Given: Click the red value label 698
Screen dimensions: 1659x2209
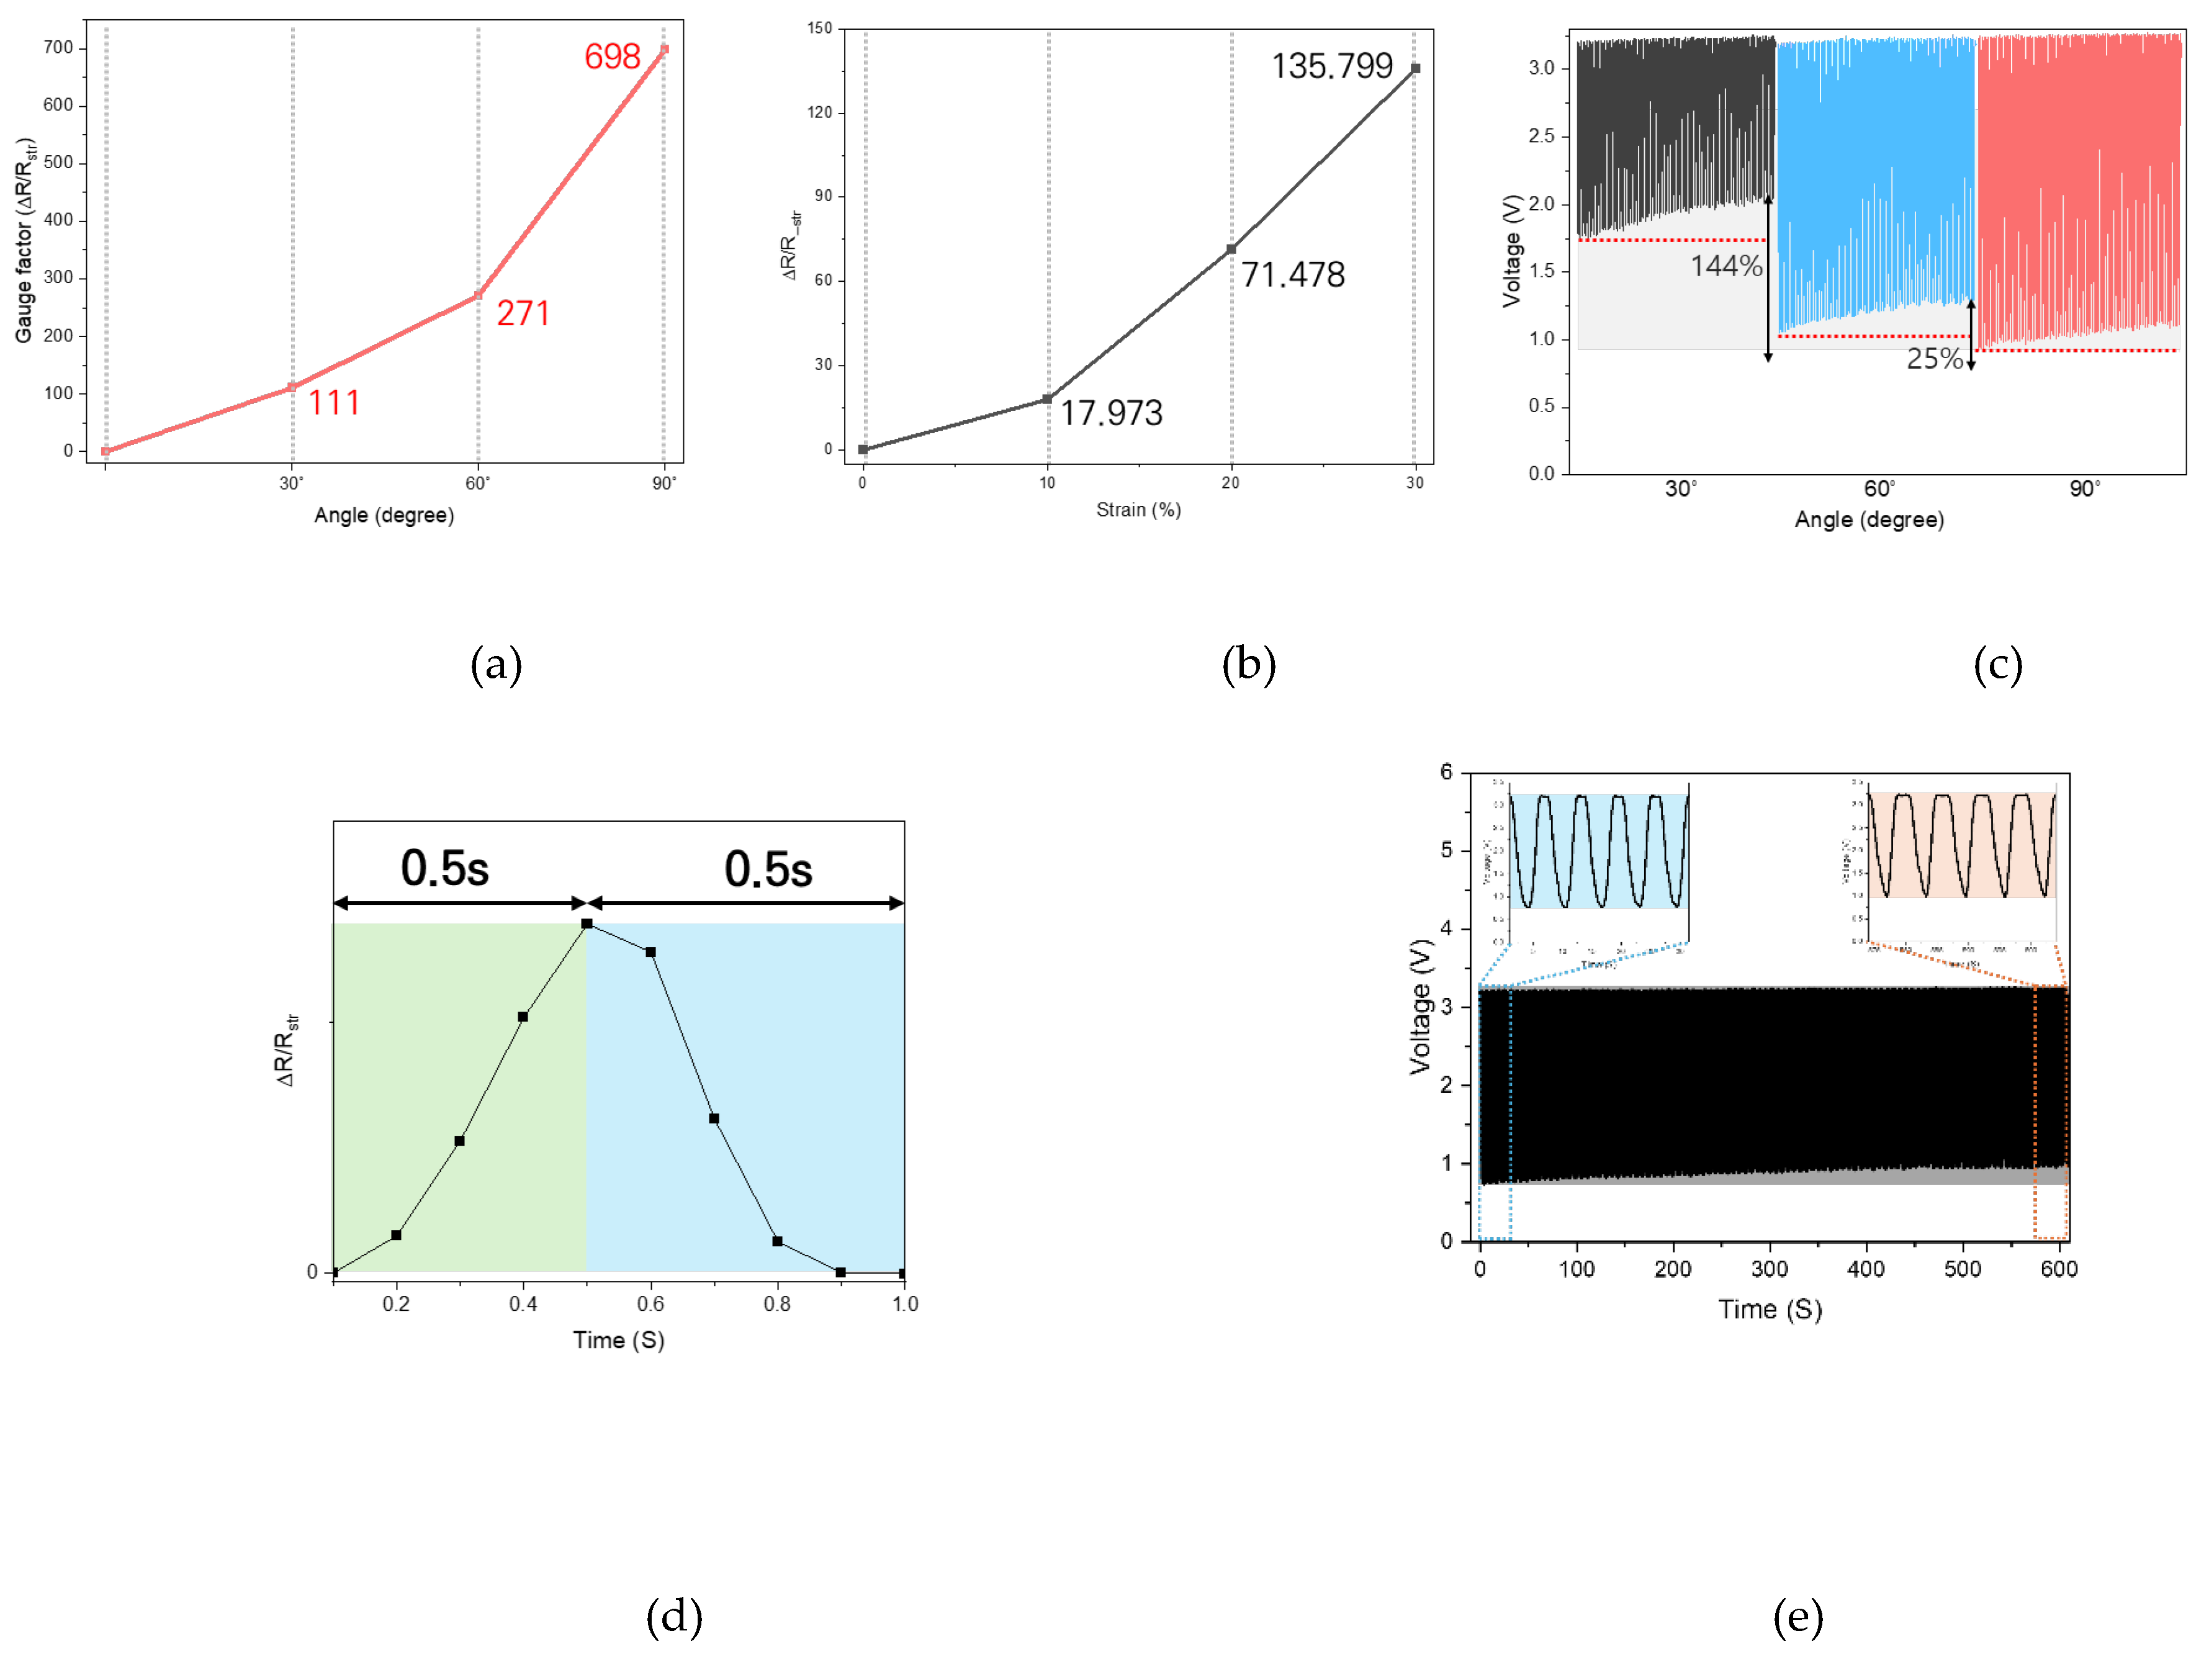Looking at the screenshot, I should (x=611, y=57).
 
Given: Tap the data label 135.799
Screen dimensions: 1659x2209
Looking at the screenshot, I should (x=1331, y=67).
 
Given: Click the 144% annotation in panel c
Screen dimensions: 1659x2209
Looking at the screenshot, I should (x=1725, y=267).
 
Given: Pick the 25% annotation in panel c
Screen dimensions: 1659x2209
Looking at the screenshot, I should (x=1935, y=359).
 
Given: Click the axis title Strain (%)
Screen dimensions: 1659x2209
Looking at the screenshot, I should (x=1138, y=510).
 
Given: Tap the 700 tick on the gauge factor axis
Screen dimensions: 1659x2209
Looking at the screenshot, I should (x=58, y=48).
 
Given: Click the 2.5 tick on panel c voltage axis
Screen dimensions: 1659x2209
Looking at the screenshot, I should (x=1541, y=136).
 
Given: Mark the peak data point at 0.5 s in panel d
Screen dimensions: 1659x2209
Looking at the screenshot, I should (x=587, y=924).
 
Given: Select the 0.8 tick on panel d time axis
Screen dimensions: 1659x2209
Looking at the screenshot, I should (x=777, y=1303).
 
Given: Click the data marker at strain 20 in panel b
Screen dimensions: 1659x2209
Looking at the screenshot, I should (x=1231, y=249).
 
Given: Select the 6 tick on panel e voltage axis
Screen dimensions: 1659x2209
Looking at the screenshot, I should (x=1446, y=772).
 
